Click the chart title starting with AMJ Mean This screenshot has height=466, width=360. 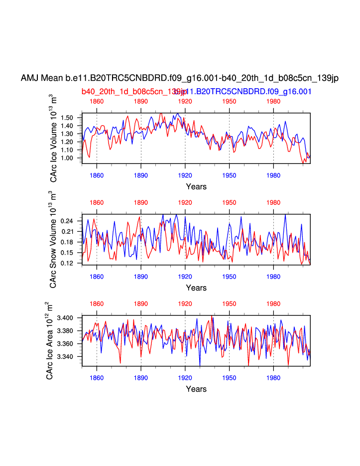[x=179, y=78]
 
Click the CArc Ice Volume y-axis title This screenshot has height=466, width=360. [x=53, y=138]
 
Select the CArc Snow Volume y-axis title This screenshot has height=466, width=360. [x=53, y=240]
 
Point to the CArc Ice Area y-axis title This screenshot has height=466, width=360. [x=50, y=341]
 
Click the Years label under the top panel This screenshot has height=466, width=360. [x=196, y=186]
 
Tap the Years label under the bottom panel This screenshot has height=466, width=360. [x=196, y=389]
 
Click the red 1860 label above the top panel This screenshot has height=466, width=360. [x=97, y=101]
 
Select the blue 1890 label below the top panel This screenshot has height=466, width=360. [x=141, y=175]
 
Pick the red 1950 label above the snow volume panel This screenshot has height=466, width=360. [x=229, y=203]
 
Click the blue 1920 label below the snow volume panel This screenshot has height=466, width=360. [x=185, y=277]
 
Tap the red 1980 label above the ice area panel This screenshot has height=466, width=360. [x=273, y=304]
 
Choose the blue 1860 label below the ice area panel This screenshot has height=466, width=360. [x=97, y=378]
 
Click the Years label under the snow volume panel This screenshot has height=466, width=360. [x=196, y=288]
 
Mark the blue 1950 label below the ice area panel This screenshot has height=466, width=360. [x=229, y=378]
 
